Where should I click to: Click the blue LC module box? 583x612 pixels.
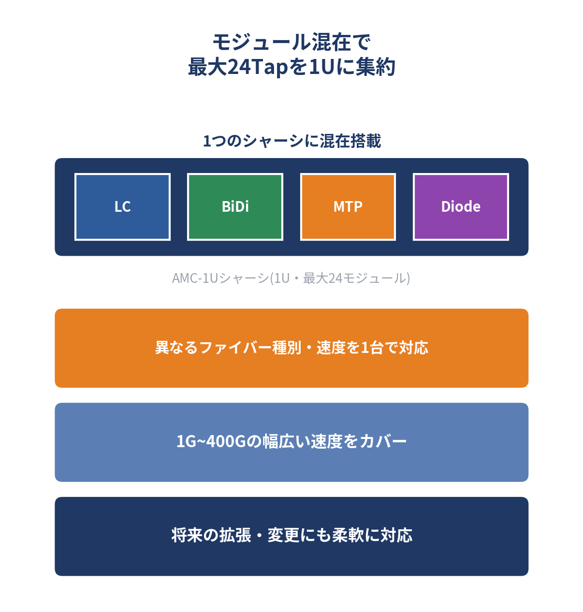122,207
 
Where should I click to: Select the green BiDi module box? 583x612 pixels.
235,207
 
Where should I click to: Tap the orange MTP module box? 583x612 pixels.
348,207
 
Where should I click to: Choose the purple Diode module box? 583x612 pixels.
461,207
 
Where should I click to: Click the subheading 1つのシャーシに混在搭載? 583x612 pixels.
292,141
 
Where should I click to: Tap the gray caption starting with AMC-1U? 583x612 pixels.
291,278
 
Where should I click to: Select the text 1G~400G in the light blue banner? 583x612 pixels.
211,442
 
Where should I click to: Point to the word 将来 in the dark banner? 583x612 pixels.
187,536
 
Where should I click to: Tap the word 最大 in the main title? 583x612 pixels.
207,67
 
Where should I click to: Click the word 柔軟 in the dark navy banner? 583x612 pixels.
348,536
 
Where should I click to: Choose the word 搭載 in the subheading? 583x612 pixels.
365,141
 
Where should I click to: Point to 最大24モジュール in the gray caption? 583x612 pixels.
355,278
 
